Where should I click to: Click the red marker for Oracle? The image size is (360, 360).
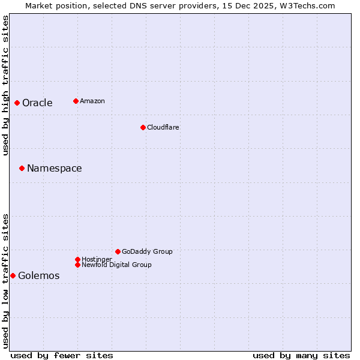[17, 103]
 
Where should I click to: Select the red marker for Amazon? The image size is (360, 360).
[76, 101]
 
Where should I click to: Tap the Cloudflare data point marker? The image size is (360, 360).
[143, 127]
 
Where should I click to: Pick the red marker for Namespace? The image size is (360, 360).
[22, 168]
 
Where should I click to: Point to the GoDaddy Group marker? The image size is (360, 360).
[118, 251]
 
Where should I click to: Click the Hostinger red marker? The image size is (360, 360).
[77, 259]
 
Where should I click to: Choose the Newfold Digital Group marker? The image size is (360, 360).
[77, 265]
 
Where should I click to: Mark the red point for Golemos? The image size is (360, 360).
[13, 275]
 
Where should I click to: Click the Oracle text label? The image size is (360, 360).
[37, 103]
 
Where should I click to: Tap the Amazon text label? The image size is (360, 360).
[92, 101]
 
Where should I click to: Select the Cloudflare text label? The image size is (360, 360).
[163, 127]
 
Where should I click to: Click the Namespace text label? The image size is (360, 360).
[54, 168]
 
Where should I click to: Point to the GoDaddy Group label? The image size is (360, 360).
[147, 251]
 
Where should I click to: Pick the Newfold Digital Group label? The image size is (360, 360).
[116, 265]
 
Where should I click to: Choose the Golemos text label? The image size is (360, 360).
[38, 275]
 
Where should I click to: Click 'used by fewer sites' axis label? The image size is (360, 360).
[61, 355]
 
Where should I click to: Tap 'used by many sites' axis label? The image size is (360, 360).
[301, 355]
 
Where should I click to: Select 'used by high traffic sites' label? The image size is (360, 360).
[5, 85]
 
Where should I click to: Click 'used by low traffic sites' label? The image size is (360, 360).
[5, 281]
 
